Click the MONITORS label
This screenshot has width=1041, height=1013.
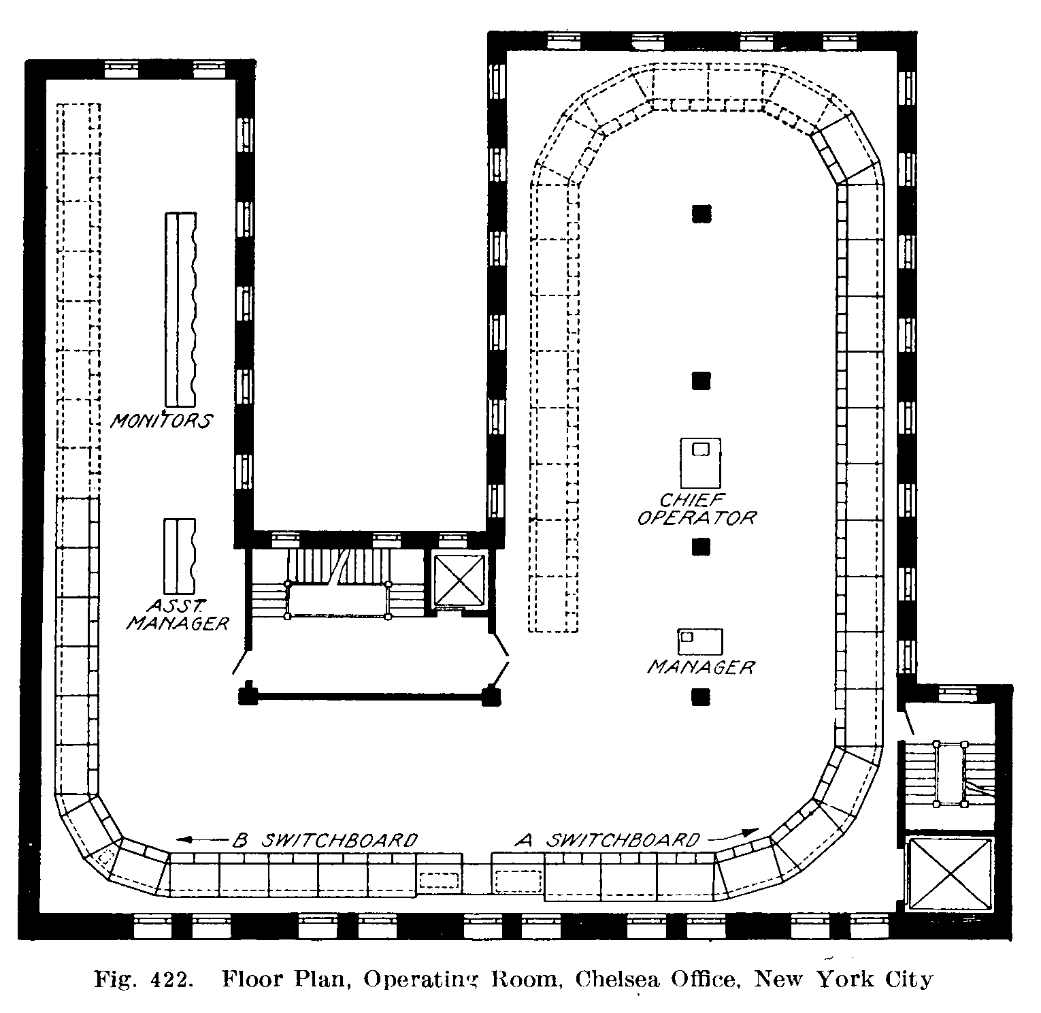(161, 420)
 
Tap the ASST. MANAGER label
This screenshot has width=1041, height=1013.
(177, 613)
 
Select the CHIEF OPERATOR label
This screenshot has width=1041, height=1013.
(696, 509)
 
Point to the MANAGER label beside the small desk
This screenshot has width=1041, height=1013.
(701, 666)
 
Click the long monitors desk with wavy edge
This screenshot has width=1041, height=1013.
(182, 310)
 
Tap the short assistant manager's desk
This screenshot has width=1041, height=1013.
(180, 556)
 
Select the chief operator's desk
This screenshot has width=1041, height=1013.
(700, 463)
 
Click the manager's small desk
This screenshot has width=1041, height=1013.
(699, 641)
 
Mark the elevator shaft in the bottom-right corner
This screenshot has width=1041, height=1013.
(951, 874)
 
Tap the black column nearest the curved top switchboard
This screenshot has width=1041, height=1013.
(701, 214)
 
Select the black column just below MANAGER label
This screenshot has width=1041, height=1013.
(701, 696)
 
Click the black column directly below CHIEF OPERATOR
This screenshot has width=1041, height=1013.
(701, 547)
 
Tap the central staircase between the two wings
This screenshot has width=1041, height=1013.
(338, 584)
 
